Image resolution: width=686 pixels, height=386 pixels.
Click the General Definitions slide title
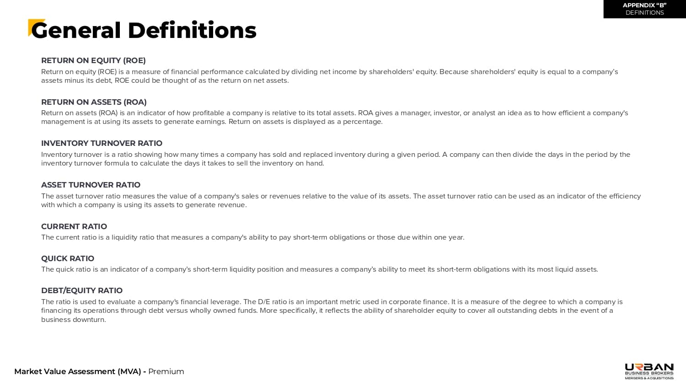tap(144, 31)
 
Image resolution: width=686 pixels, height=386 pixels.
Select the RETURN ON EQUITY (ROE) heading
tap(93, 60)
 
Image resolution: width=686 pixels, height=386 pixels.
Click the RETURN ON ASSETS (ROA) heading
tap(94, 102)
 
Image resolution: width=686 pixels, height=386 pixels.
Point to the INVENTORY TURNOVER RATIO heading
tap(102, 143)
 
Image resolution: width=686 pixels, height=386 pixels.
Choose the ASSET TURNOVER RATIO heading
tap(91, 185)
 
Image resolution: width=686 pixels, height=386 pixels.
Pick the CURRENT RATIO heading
tap(74, 226)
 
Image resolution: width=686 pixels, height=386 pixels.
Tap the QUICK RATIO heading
tap(68, 258)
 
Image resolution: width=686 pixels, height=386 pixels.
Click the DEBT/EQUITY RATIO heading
tap(82, 290)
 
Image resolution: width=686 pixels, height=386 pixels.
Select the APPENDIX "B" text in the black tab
tap(644, 5)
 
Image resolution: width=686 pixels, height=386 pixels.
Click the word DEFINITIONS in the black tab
tap(644, 13)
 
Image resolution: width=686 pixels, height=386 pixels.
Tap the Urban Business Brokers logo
tap(649, 371)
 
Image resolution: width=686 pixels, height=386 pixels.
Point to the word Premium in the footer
tap(166, 371)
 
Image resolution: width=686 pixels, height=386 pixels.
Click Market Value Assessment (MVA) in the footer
tap(78, 371)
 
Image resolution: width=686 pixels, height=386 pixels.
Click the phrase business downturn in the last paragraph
tap(73, 320)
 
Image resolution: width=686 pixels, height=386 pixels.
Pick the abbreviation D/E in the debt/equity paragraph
tap(264, 302)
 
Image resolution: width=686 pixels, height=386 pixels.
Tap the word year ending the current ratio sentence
tap(456, 237)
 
